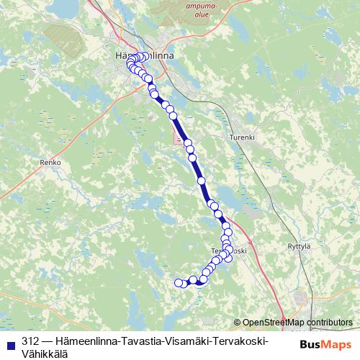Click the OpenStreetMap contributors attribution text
pyautogui.click(x=297, y=322)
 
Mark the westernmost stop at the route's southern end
pyautogui.click(x=179, y=283)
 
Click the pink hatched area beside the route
pyautogui.click(x=179, y=138)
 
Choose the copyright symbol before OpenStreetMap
pyautogui.click(x=238, y=322)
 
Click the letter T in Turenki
pyautogui.click(x=230, y=137)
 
